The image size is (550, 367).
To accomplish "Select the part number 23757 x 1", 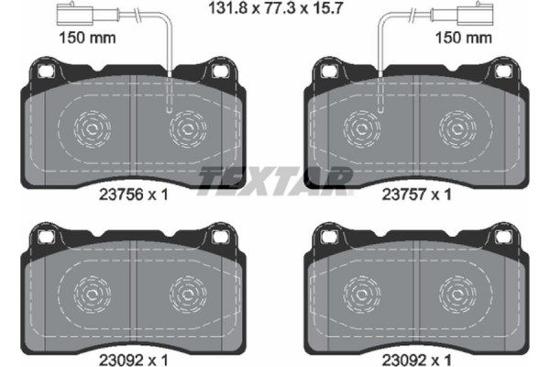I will (418, 194).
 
